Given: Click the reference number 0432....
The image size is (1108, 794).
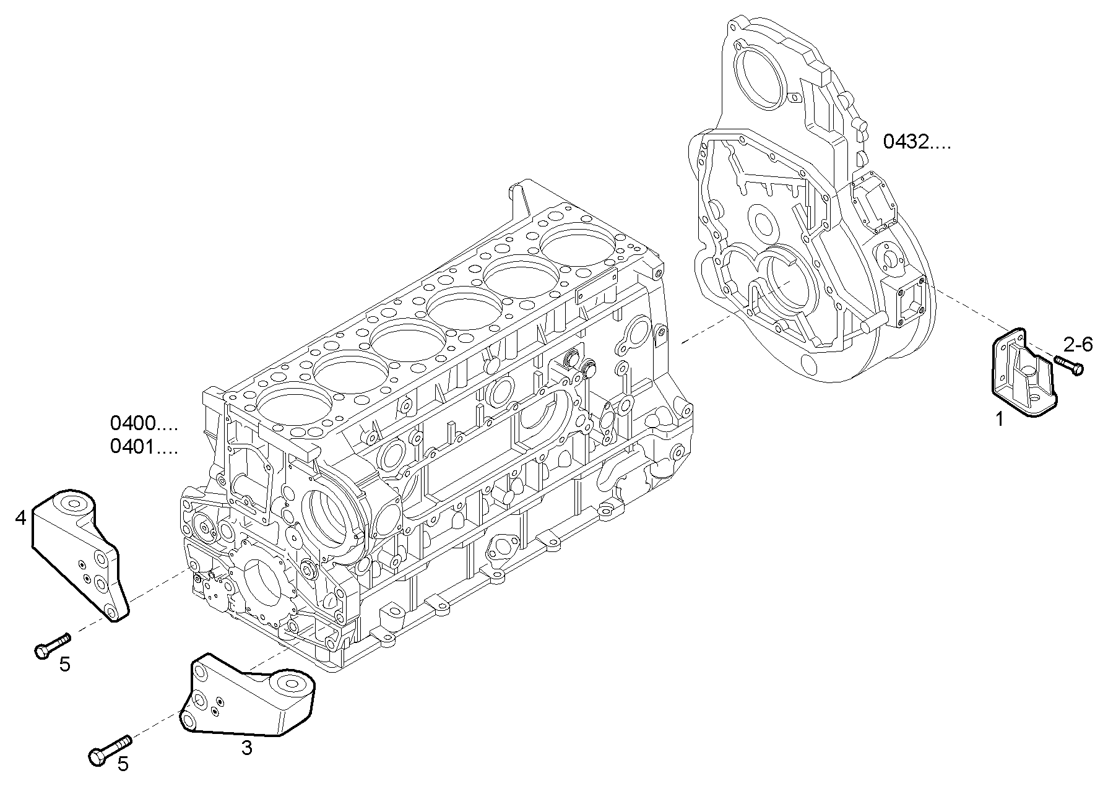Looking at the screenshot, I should pos(916,143).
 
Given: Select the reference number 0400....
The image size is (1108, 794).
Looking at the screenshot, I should pos(144,424).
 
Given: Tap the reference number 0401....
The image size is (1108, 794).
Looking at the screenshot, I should pos(144,446).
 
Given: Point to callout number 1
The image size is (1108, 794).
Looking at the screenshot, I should pos(999,419).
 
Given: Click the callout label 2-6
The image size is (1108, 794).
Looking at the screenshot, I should pos(1078,344).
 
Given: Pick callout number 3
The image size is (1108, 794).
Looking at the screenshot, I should pos(246,748).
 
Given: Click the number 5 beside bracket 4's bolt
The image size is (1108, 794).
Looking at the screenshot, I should pos(65,665).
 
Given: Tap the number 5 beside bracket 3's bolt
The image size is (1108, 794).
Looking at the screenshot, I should pos(123,764).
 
